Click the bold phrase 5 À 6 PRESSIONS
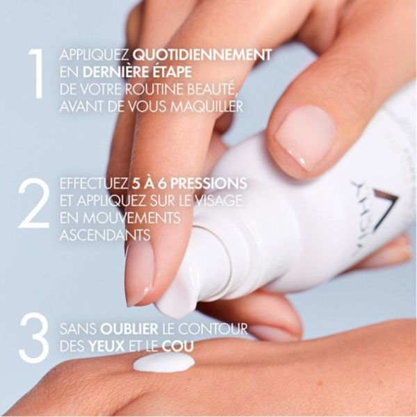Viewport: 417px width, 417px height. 188,184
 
